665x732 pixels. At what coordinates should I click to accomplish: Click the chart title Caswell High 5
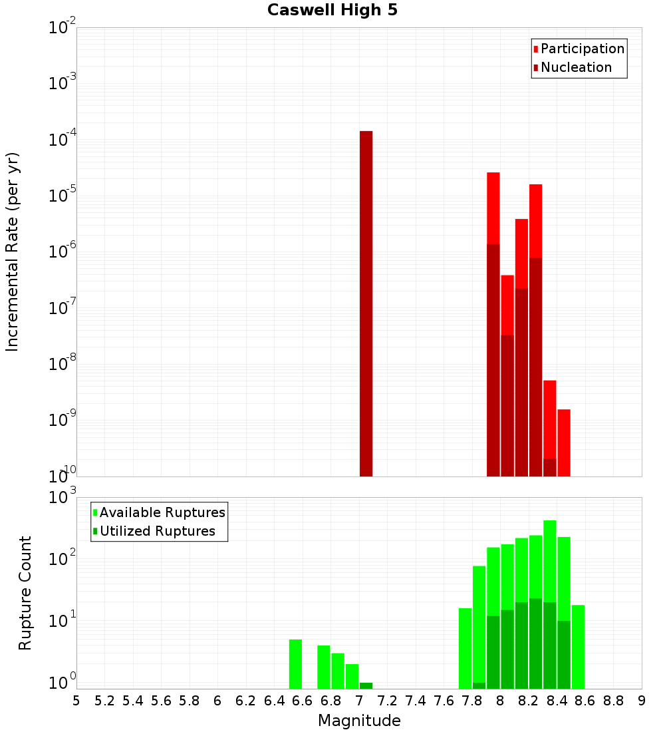click(x=332, y=11)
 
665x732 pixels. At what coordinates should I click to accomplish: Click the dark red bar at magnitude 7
click(x=366, y=303)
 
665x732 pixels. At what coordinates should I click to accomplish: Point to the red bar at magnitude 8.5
click(x=564, y=443)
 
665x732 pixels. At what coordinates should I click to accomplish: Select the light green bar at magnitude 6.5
click(x=295, y=664)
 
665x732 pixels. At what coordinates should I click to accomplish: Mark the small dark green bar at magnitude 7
click(x=366, y=685)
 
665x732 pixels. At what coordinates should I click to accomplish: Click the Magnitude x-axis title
click(x=359, y=721)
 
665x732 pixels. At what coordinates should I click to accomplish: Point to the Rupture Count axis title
click(x=25, y=593)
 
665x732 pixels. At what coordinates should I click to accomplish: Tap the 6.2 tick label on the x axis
click(x=246, y=701)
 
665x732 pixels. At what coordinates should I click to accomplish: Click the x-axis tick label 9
click(x=642, y=701)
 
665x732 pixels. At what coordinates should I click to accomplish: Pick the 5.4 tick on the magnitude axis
click(x=133, y=701)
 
